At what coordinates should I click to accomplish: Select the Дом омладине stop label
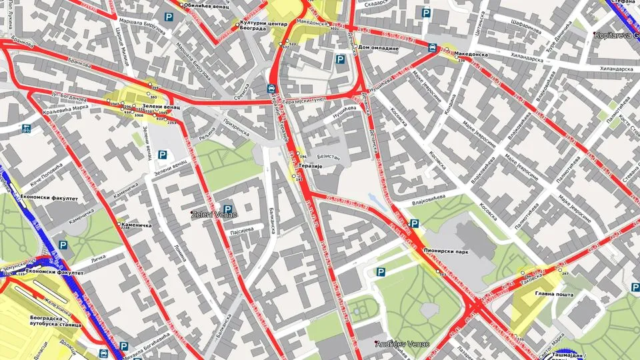[378, 48]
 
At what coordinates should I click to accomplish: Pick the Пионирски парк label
[446, 251]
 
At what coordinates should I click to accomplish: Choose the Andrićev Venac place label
[403, 344]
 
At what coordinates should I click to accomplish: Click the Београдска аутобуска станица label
[55, 322]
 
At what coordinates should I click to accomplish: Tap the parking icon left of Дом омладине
[340, 61]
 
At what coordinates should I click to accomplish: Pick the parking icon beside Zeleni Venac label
[228, 210]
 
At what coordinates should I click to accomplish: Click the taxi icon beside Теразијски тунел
[271, 88]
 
